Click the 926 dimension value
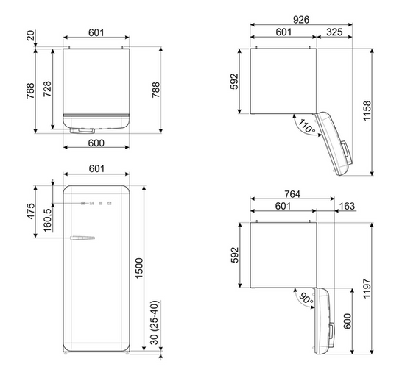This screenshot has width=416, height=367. (x=301, y=19)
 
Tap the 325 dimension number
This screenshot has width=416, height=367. (x=334, y=32)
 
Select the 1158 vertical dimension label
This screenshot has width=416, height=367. (x=367, y=110)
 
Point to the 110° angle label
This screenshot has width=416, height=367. (x=307, y=126)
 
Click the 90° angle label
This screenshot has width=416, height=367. (x=306, y=299)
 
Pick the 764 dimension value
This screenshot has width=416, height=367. (x=292, y=194)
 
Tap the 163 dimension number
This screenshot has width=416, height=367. (x=347, y=206)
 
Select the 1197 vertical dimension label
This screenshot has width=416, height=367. (x=367, y=288)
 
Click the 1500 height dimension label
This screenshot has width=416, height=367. (x=139, y=268)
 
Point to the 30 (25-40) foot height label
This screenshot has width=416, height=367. (x=154, y=322)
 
